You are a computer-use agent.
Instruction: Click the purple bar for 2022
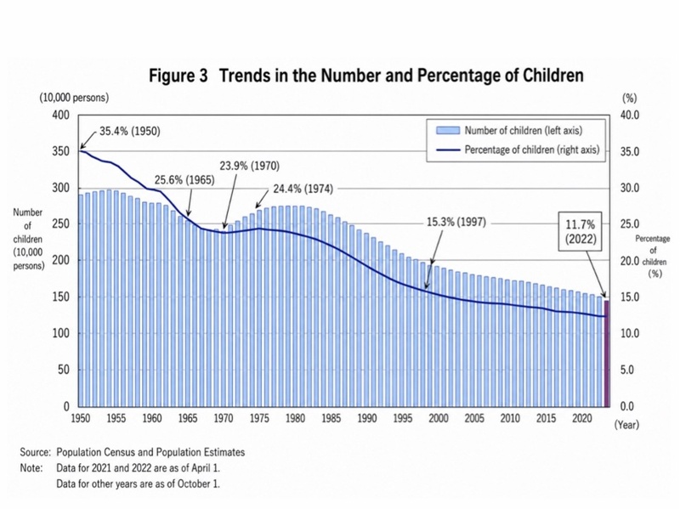coord(607,353)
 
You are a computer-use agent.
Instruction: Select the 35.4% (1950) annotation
coord(130,131)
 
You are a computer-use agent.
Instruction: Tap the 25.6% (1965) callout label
coord(184,180)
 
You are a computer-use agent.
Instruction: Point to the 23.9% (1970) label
coord(249,166)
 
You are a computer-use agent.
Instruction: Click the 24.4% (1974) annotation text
coord(303,189)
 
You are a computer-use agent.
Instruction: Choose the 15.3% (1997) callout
coord(456,223)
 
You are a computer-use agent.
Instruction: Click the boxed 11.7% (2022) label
coord(581,231)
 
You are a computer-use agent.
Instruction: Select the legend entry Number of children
coord(509,131)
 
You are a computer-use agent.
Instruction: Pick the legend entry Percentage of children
coord(518,150)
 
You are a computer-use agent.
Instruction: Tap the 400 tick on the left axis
coord(61,116)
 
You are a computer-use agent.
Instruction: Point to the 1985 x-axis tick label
coord(331,418)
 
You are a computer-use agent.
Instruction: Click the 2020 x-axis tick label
coord(582,418)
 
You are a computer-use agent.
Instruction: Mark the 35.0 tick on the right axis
coord(629,152)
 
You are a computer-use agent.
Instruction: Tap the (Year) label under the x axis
coord(626,424)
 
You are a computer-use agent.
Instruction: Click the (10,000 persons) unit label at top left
coord(74,98)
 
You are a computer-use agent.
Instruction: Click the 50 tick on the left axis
coord(65,370)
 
